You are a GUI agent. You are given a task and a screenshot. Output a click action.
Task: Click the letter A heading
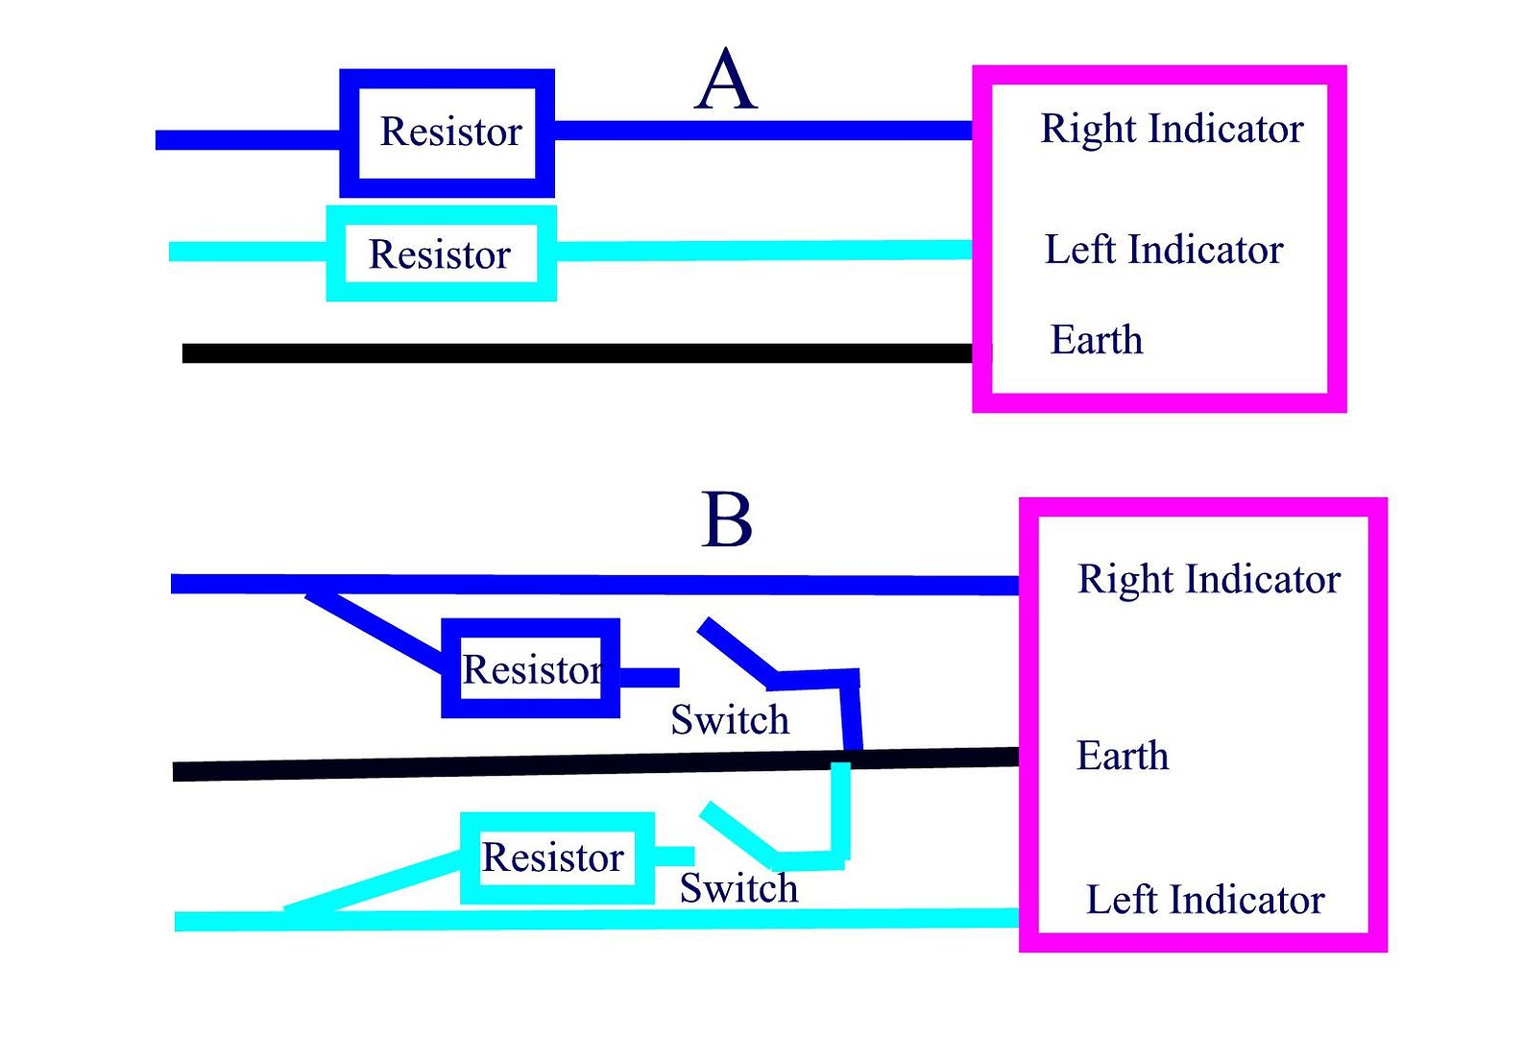click(x=726, y=81)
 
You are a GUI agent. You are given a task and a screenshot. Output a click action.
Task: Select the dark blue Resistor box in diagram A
click(x=448, y=133)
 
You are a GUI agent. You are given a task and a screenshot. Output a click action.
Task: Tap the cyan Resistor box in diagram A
click(x=441, y=253)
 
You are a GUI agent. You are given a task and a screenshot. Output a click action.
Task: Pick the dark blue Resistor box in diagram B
click(x=531, y=668)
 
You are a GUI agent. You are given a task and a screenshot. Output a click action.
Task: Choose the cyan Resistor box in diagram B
click(x=557, y=857)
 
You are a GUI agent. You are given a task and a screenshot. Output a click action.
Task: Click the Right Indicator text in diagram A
click(x=1172, y=129)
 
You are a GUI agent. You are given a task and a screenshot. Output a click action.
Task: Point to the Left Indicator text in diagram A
click(x=1163, y=250)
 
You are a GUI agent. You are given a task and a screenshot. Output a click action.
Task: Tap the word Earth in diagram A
click(x=1097, y=340)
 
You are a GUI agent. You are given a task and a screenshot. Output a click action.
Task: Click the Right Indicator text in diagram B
click(x=1208, y=579)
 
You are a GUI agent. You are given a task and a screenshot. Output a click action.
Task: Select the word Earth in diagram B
click(x=1123, y=756)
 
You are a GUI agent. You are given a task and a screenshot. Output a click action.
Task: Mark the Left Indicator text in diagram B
click(x=1205, y=900)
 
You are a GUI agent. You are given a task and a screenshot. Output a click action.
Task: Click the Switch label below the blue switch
click(x=730, y=719)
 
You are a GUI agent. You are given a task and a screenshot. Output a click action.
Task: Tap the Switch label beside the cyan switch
click(x=738, y=888)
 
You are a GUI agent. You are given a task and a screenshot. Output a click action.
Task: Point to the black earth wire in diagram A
click(x=576, y=353)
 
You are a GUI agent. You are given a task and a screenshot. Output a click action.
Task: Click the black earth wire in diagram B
click(x=480, y=767)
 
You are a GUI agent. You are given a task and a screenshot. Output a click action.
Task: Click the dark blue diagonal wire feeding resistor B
click(x=375, y=630)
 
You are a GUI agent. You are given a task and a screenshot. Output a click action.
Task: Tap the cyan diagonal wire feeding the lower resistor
click(x=375, y=881)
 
